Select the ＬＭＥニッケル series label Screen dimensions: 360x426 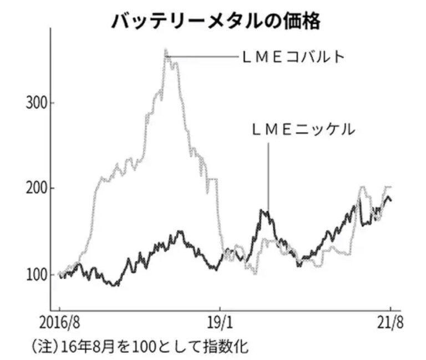click(x=302, y=130)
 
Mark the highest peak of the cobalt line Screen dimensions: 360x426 click(x=166, y=50)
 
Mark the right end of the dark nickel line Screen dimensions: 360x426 click(x=390, y=201)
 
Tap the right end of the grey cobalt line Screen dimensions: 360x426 click(x=391, y=187)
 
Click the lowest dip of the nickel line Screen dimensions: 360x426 click(x=114, y=285)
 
